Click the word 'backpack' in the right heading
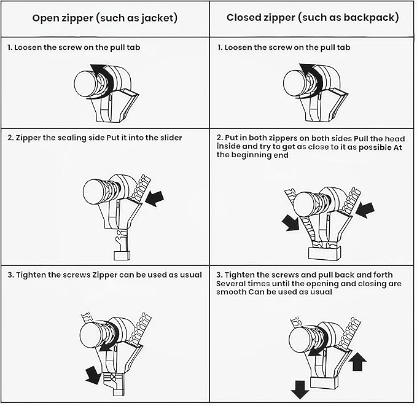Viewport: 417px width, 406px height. [373, 18]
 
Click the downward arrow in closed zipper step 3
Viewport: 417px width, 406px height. [300, 389]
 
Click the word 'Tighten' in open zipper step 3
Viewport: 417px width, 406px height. [33, 275]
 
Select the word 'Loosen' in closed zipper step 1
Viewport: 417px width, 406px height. [242, 47]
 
